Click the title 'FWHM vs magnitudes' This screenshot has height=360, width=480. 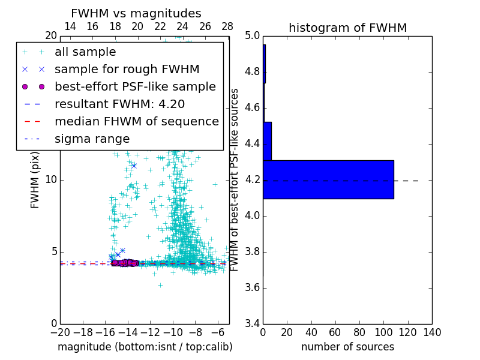click(136, 13)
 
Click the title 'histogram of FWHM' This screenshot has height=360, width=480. click(347, 28)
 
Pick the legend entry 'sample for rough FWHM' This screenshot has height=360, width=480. click(127, 69)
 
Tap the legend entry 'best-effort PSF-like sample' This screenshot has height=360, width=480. click(135, 86)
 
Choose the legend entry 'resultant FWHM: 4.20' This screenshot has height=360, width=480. click(119, 104)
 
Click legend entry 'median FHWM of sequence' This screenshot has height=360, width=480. click(136, 121)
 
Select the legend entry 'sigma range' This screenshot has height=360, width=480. click(92, 139)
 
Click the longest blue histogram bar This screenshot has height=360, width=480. click(328, 179)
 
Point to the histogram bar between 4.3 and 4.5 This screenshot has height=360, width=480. click(267, 141)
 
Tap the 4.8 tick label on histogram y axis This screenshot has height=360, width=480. click(252, 72)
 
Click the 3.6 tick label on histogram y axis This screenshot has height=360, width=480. click(252, 287)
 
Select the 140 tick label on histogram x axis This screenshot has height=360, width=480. click(432, 332)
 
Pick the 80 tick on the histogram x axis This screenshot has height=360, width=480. click(359, 332)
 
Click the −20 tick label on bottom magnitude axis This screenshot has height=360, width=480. click(60, 332)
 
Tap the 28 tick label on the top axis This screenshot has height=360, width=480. click(227, 26)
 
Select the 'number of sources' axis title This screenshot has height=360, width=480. click(347, 347)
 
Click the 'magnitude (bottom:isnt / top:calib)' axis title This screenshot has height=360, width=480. click(145, 347)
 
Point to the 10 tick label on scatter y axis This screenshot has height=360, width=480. click(52, 180)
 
